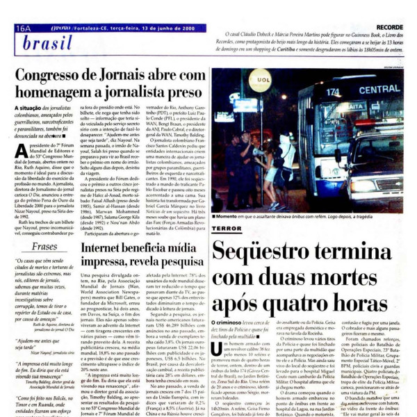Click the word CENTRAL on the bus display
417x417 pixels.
379,90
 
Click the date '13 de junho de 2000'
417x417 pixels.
167,28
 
